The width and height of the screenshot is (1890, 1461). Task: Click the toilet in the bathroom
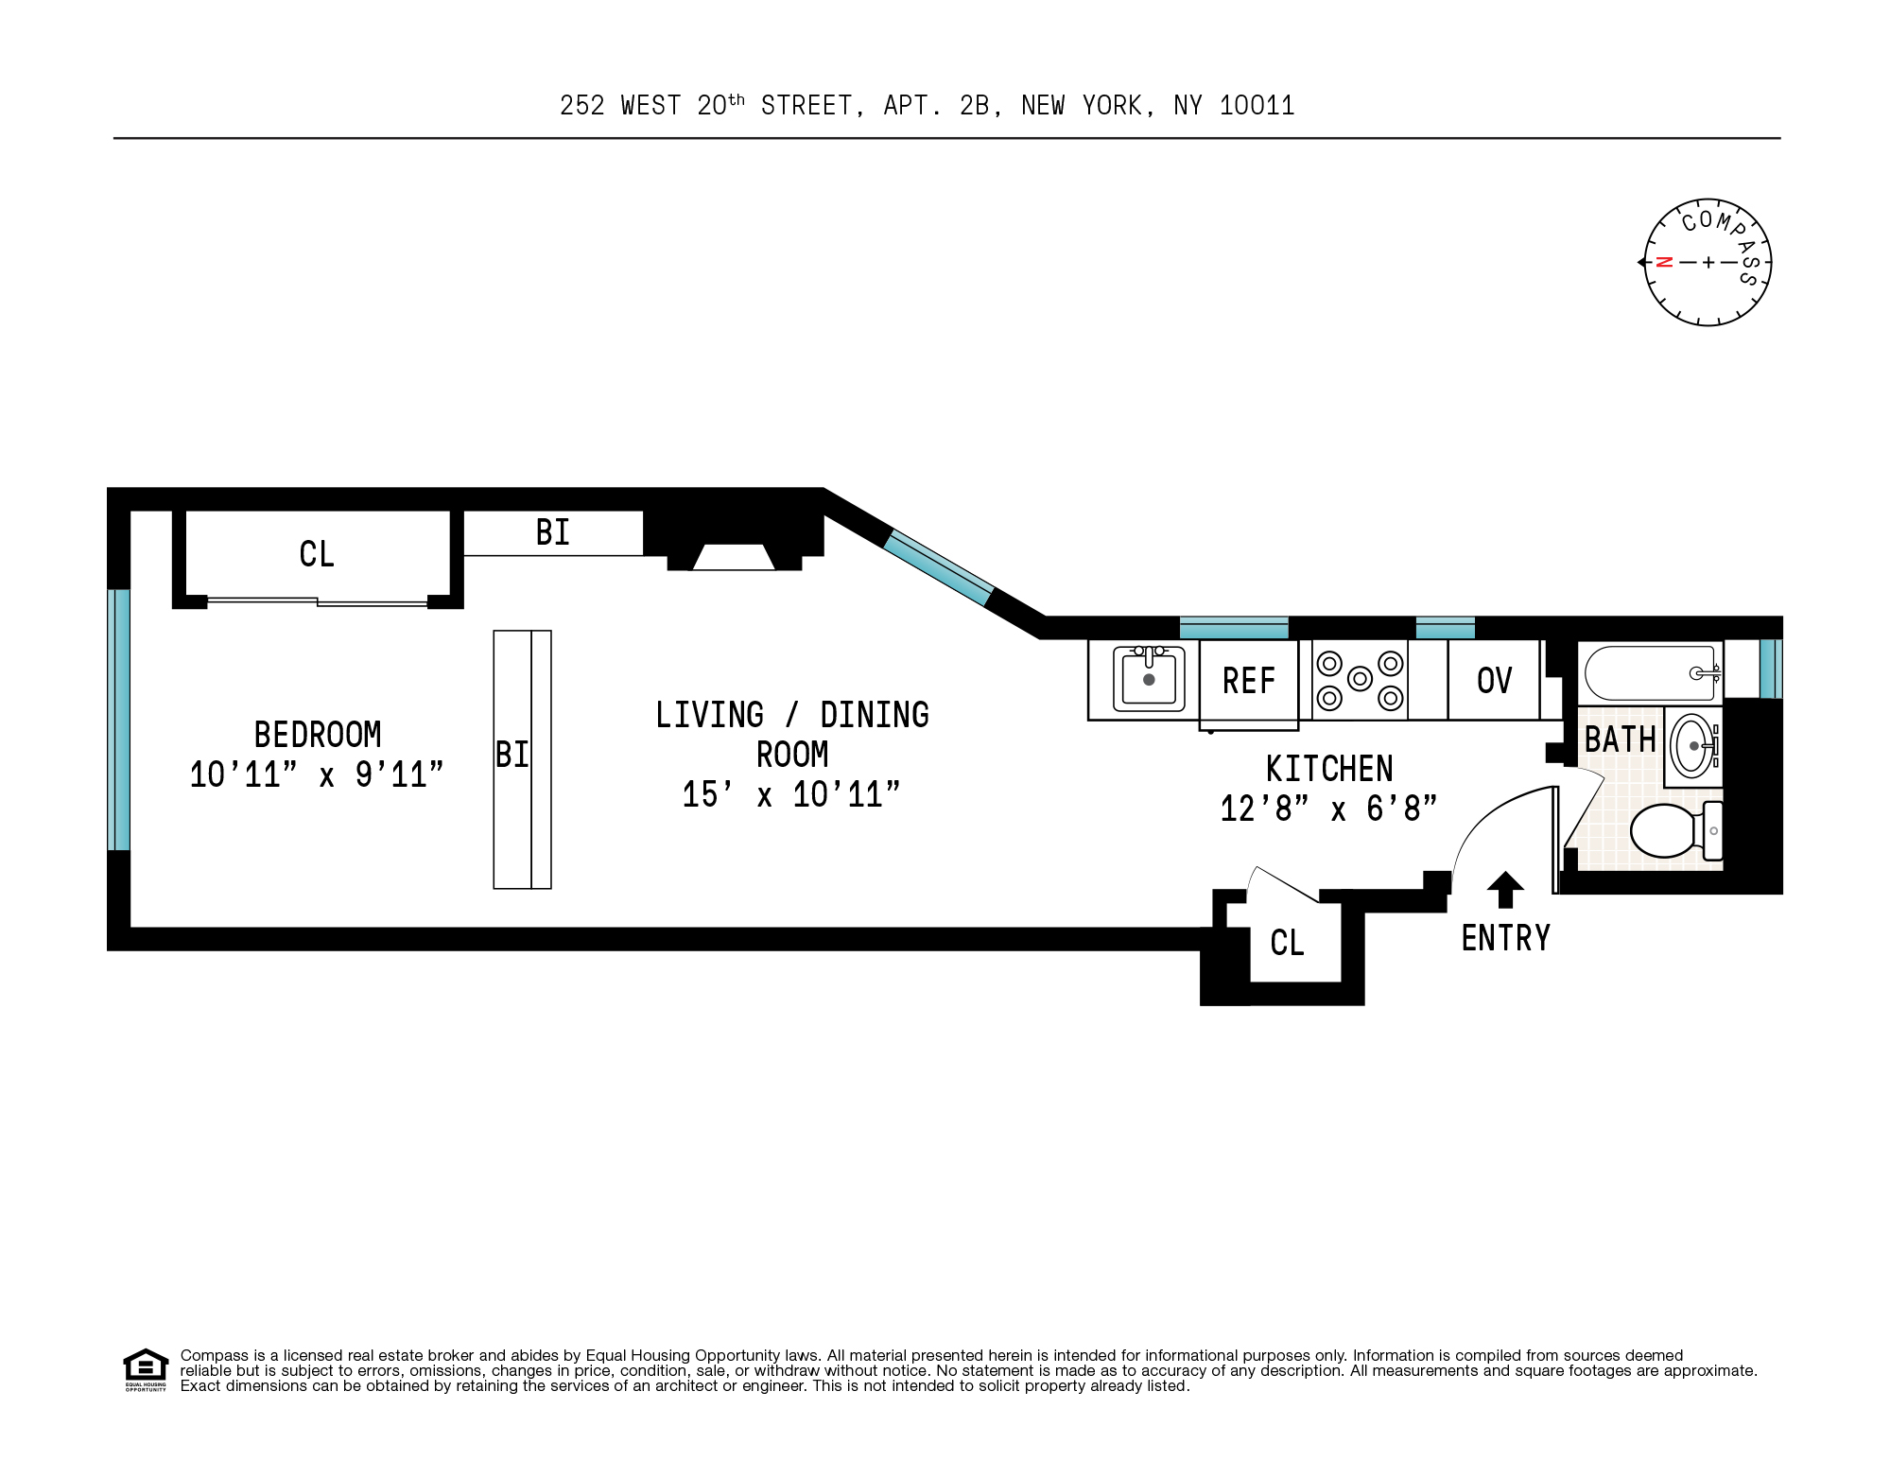(1670, 829)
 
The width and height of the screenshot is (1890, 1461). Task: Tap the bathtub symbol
(1650, 672)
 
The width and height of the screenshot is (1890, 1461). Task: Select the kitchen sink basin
(1149, 679)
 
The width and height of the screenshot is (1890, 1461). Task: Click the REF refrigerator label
(1248, 681)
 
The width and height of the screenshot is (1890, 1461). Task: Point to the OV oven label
(1494, 681)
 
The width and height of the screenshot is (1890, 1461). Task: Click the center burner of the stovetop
(1360, 678)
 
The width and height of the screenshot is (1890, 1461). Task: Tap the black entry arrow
(1505, 889)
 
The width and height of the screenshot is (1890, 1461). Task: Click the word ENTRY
(1505, 938)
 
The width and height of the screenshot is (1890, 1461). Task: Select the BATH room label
(1620, 739)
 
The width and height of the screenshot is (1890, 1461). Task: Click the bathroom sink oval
(1692, 746)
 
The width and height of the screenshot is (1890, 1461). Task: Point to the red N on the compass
(1665, 262)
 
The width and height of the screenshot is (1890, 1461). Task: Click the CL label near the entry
(1287, 943)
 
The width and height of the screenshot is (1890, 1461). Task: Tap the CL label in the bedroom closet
(317, 554)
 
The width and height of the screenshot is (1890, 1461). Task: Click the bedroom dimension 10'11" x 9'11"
(317, 775)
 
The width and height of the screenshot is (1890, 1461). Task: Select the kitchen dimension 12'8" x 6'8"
(1328, 809)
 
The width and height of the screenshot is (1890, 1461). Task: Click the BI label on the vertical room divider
(512, 755)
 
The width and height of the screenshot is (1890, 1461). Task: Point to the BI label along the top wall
(552, 532)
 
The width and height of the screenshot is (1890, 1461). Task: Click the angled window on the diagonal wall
(939, 567)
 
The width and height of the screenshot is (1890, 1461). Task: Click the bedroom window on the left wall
(118, 720)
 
